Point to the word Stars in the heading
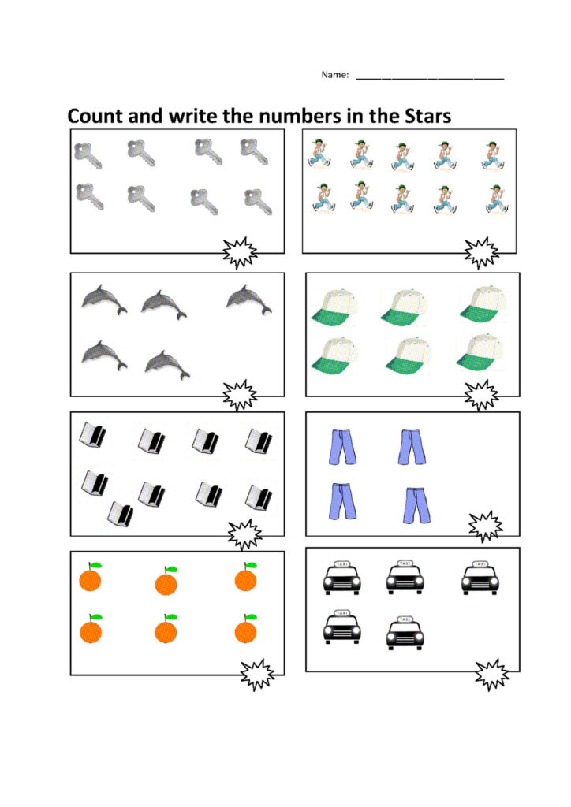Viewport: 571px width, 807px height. (426, 116)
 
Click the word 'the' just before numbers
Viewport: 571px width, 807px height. (241, 116)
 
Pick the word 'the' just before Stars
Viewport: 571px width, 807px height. (384, 116)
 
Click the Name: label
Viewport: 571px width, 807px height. (334, 75)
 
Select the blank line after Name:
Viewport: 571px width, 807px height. (430, 78)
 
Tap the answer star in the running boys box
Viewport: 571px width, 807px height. (480, 252)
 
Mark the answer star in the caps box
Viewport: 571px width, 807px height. (480, 395)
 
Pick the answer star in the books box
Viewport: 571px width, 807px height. (245, 535)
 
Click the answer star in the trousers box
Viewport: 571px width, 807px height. (486, 526)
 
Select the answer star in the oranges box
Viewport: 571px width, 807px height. (257, 674)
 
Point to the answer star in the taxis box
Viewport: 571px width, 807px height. (492, 674)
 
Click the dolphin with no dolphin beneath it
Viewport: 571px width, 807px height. (249, 299)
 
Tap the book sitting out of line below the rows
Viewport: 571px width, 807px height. (121, 514)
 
